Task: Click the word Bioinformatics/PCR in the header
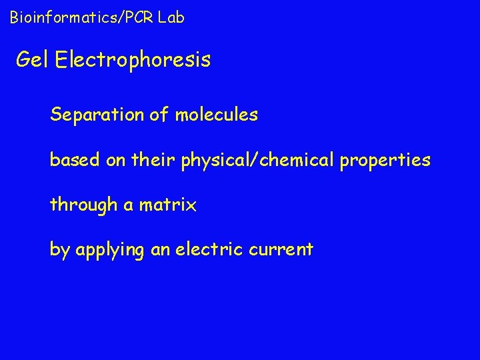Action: click(x=81, y=17)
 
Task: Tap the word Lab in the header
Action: click(x=171, y=17)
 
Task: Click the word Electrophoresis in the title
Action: click(x=133, y=61)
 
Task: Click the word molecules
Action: click(x=216, y=115)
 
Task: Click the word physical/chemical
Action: click(x=257, y=161)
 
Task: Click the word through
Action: click(x=83, y=205)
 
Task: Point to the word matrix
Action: click(x=167, y=205)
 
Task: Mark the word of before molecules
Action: click(x=159, y=115)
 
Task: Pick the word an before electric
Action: click(x=163, y=251)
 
